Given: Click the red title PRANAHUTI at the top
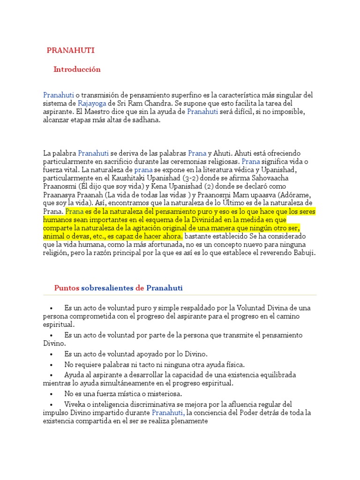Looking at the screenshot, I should tap(70, 50).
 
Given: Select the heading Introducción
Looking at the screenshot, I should tap(77, 69).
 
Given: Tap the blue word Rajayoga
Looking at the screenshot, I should tap(92, 103).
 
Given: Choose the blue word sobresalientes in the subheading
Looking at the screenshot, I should tap(107, 288).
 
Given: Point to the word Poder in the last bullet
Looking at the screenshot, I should tap(265, 413).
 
